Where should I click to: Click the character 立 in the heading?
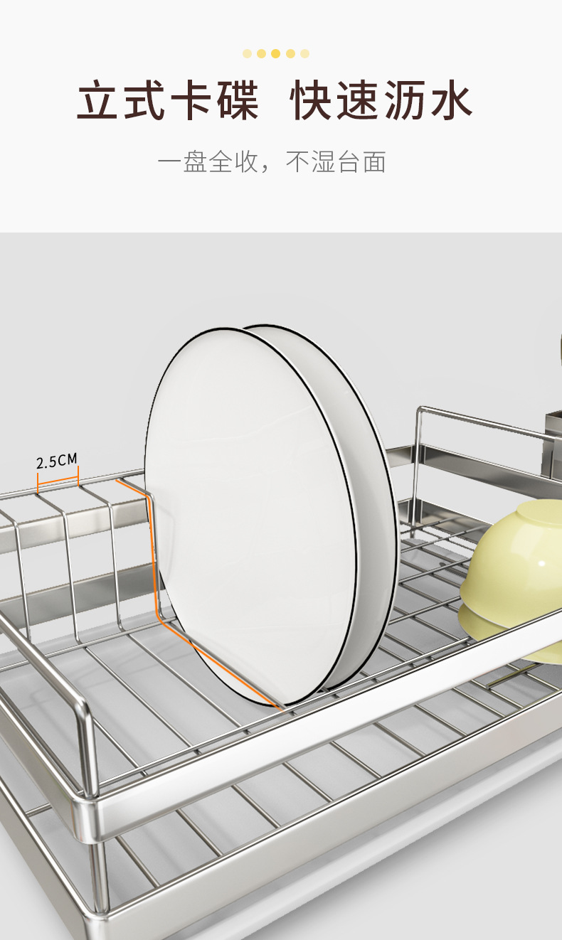point(97,100)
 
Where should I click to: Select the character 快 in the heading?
point(311,100)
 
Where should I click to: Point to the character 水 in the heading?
point(452,100)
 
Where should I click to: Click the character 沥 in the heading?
point(405,100)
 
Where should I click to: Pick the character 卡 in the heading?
point(191,100)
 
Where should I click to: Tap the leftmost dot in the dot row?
point(248,54)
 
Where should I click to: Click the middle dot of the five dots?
point(276,54)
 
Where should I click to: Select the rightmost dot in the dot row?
point(304,54)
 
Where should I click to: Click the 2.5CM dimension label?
point(57,461)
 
